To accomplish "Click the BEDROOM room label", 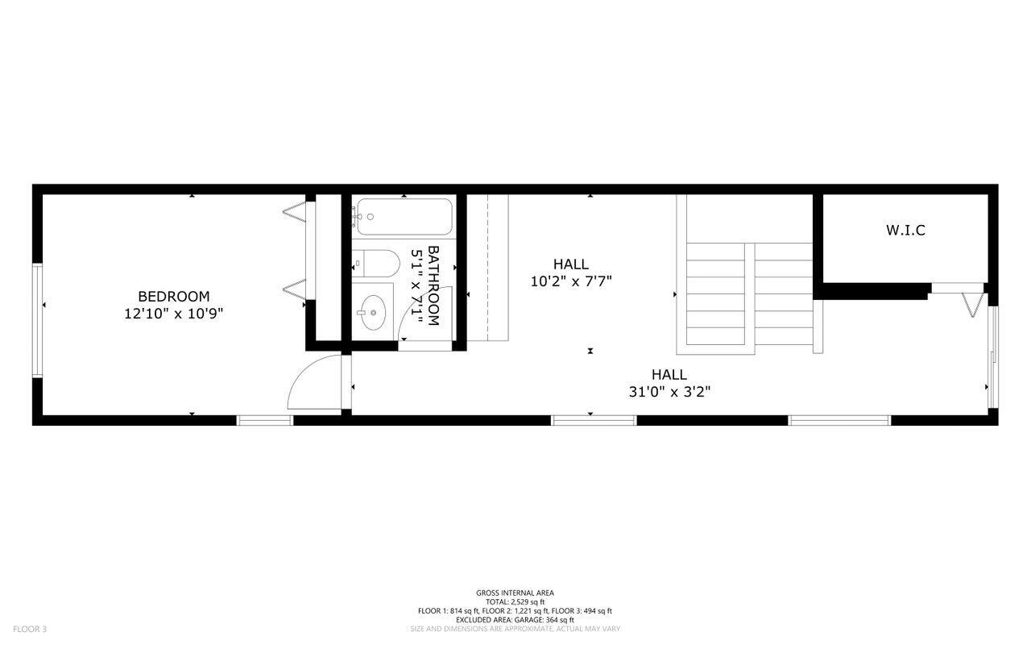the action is tap(173, 296).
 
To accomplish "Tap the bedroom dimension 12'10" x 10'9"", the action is tap(173, 314).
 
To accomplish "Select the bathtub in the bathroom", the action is tap(404, 217).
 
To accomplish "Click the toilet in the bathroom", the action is tap(376, 264).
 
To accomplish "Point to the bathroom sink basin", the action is tap(373, 312).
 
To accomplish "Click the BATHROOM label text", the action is tap(433, 285).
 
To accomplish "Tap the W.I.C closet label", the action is tap(905, 231).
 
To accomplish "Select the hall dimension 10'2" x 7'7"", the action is tap(571, 281).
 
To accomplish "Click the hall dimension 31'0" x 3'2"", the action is tap(669, 392).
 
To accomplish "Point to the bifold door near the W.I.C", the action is tap(972, 305).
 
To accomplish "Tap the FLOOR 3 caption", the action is tap(30, 629).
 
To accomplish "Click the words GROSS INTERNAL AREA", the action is tap(515, 593).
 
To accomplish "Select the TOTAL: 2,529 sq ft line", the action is tap(515, 601).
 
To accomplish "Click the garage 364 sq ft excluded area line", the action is tap(515, 620).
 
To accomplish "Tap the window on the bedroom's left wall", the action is tap(37, 320).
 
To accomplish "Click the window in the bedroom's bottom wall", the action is tap(265, 420).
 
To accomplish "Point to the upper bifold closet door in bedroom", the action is tap(295, 212).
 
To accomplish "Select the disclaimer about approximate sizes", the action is tap(515, 629).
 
